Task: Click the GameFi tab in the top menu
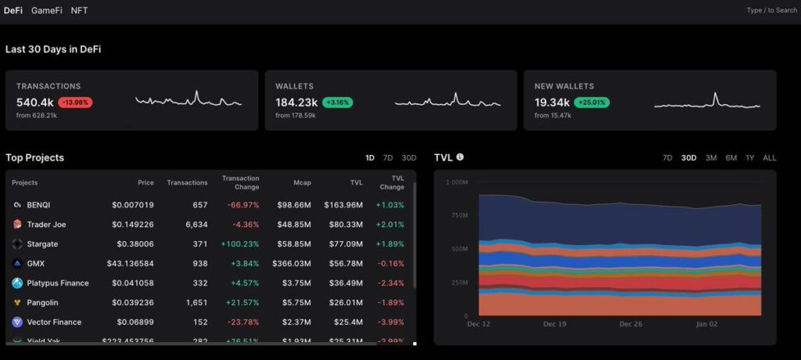click(x=47, y=10)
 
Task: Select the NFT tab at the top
click(x=79, y=10)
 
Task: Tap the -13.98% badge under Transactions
click(x=75, y=103)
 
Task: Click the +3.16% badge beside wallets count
click(x=338, y=103)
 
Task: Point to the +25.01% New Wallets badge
click(x=591, y=103)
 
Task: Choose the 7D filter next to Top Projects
click(x=388, y=158)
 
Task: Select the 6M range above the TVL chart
click(x=731, y=158)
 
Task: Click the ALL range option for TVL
click(x=770, y=158)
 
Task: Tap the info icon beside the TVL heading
click(x=460, y=157)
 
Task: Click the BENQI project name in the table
click(x=39, y=205)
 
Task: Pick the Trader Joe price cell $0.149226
click(x=132, y=225)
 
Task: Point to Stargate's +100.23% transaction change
click(x=239, y=244)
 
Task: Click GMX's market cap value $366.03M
click(x=291, y=264)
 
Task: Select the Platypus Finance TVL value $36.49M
click(x=346, y=283)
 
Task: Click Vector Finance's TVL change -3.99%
click(x=390, y=322)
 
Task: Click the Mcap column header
click(x=302, y=183)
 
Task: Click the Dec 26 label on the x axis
click(x=630, y=323)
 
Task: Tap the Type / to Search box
click(x=771, y=10)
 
